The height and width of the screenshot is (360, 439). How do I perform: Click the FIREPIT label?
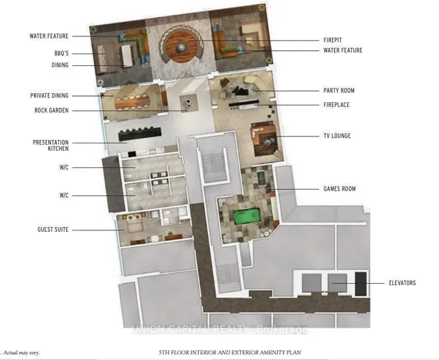333,40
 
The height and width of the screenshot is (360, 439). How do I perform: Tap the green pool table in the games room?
247,217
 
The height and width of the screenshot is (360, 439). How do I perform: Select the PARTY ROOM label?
339,91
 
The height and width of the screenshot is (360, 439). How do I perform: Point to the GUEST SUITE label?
53,230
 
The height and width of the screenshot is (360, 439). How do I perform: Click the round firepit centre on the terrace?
180,47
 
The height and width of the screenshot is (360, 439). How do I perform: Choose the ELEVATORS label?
403,283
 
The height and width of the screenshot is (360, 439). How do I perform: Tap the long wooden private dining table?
132,102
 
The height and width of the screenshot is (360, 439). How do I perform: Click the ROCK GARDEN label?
51,110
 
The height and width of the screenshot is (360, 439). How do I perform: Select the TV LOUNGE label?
337,136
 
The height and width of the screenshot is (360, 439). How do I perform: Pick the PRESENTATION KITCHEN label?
51,145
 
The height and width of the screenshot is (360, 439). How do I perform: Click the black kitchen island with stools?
140,134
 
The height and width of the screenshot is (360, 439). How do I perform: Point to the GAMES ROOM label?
340,189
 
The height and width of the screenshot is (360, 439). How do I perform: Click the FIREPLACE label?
337,105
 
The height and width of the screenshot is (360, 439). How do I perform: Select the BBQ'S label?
61,53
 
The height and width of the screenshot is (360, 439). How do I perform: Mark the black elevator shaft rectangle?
361,284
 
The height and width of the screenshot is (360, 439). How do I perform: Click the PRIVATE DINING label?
49,95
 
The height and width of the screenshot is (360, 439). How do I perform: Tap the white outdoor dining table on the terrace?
126,56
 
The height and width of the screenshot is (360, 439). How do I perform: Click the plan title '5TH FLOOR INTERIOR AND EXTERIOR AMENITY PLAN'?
230,352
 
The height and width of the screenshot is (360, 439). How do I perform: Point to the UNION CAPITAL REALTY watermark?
219,330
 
